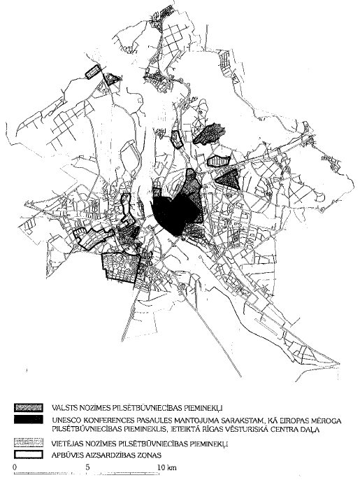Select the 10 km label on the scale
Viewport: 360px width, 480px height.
[x=165, y=467]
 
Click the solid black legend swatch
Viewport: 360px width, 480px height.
[x=29, y=419]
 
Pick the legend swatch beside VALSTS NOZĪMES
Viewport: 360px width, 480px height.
[x=29, y=407]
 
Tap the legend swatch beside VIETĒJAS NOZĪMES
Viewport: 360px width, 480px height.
[x=29, y=443]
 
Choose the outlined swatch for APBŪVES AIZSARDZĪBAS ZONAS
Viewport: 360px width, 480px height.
[x=29, y=453]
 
